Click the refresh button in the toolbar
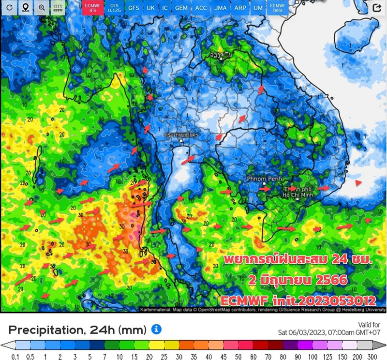(10, 7)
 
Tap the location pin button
(26, 7)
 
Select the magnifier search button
(42, 7)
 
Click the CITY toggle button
(58, 7)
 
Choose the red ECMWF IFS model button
(92, 7)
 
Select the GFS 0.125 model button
(114, 7)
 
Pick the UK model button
(151, 8)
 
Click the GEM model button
(181, 8)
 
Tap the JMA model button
(221, 8)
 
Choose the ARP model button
(240, 8)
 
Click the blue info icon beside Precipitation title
(156, 330)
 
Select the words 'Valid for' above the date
(371, 324)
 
